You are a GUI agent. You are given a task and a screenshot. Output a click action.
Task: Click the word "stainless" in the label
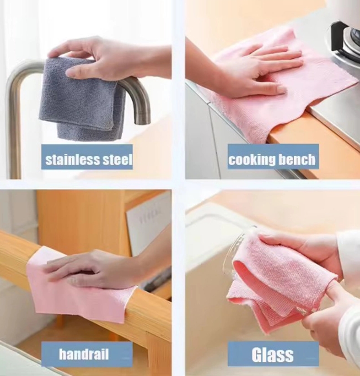[x=73, y=159]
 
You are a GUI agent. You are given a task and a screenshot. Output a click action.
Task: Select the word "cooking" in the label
[x=249, y=160]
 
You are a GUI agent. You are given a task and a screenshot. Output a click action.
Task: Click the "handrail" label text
[x=84, y=354]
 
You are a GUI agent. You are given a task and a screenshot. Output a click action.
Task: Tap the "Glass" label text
[x=273, y=354]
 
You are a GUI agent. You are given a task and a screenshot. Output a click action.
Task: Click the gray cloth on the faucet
[x=82, y=98]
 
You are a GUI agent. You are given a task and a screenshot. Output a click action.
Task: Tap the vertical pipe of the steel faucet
[x=14, y=134]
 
